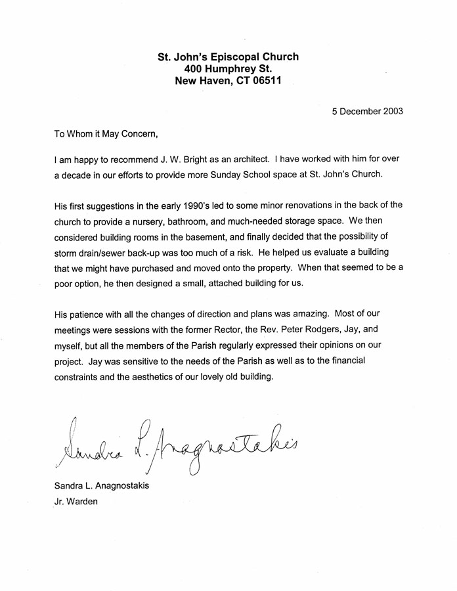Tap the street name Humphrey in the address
(237, 70)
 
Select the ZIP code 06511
(269, 82)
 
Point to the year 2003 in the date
(391, 111)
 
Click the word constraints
(79, 377)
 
